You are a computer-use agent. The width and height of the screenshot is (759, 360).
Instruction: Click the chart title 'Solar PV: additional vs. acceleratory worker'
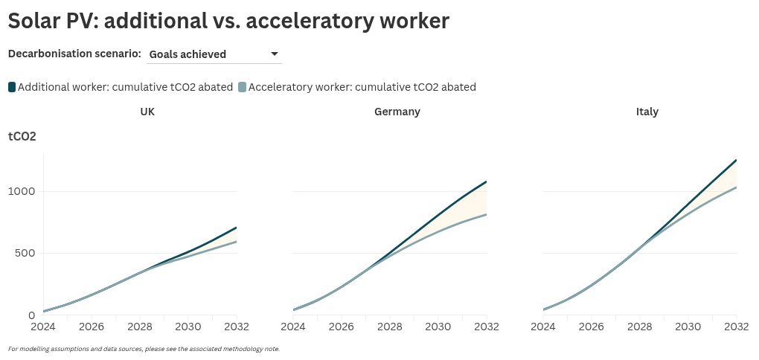pyautogui.click(x=228, y=21)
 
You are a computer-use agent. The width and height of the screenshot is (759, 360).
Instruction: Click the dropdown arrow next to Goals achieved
pyautogui.click(x=275, y=54)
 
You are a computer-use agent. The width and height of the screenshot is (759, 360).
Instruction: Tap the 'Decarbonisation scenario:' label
pyautogui.click(x=74, y=54)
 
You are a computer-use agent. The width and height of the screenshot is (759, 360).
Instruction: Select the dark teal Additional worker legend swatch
pyautogui.click(x=12, y=87)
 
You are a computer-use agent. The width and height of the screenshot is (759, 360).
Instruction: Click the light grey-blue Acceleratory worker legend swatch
pyautogui.click(x=242, y=87)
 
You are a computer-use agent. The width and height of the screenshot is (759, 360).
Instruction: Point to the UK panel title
pyautogui.click(x=147, y=112)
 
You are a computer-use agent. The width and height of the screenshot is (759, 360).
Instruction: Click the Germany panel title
pyautogui.click(x=397, y=112)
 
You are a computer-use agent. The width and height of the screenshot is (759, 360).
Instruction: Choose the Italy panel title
pyautogui.click(x=647, y=112)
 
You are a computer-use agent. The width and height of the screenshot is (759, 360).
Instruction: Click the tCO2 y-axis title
pyautogui.click(x=22, y=137)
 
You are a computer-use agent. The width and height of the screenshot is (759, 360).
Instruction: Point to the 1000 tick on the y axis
pyautogui.click(x=22, y=191)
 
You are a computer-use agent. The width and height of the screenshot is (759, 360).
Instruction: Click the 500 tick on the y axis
pyautogui.click(x=25, y=253)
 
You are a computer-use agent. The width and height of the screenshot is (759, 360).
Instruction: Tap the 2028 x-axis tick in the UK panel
pyautogui.click(x=140, y=326)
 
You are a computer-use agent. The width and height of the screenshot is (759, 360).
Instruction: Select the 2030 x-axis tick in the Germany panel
pyautogui.click(x=438, y=326)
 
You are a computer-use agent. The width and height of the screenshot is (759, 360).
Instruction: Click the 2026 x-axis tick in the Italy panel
pyautogui.click(x=592, y=326)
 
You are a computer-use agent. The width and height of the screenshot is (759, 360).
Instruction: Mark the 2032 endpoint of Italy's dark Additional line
pyautogui.click(x=736, y=160)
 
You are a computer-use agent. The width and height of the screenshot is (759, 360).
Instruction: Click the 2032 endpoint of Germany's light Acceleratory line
pyautogui.click(x=486, y=214)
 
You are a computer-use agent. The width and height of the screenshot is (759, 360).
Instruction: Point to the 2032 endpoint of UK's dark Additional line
pyautogui.click(x=236, y=228)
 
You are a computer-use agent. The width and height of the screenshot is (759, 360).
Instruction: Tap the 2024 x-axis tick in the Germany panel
pyautogui.click(x=293, y=326)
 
